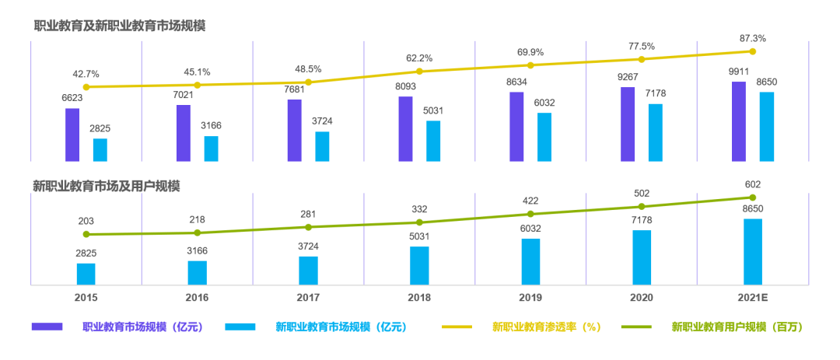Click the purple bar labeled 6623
(72, 135)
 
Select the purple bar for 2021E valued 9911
(739, 121)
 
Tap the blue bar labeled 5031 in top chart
(433, 141)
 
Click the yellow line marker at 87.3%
(753, 51)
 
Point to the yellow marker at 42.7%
(86, 87)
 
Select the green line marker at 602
(753, 197)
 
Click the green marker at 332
(419, 222)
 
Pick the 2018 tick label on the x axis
(419, 298)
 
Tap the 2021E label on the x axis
(753, 298)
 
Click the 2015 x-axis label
(86, 298)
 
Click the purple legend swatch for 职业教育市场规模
(47, 327)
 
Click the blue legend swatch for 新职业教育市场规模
(240, 327)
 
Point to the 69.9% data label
(530, 51)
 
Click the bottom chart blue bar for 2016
(198, 273)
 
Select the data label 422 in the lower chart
(530, 199)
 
